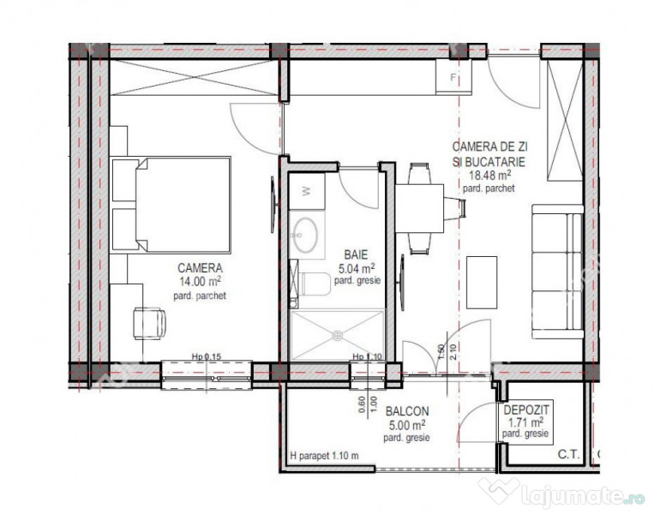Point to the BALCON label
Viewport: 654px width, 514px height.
pyautogui.click(x=408, y=411)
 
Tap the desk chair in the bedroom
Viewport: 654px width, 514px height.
pyautogui.click(x=150, y=324)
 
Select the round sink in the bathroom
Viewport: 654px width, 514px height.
pyautogui.click(x=305, y=232)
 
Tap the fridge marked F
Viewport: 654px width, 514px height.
pyautogui.click(x=452, y=81)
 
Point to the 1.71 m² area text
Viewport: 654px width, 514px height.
pyautogui.click(x=525, y=422)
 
